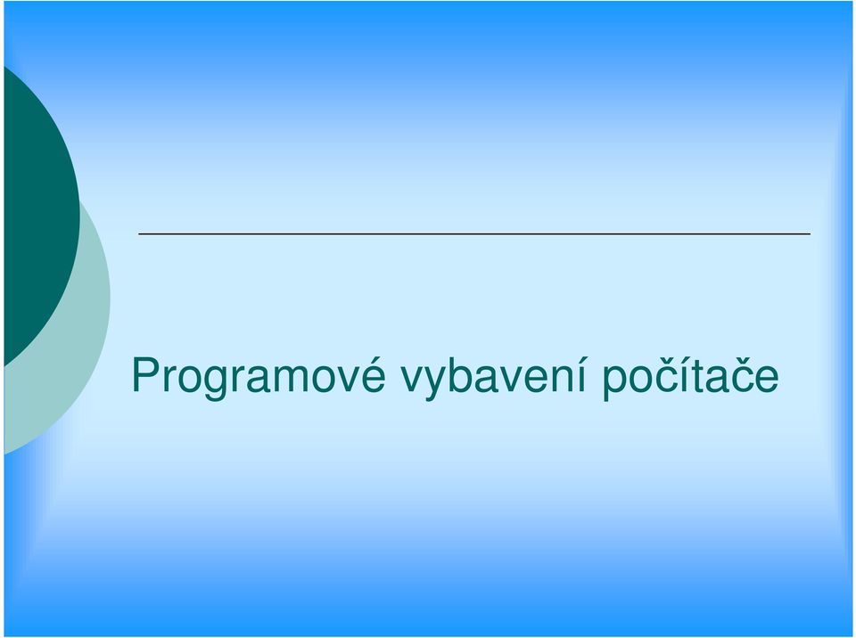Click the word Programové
coord(259,376)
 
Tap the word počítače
coord(690,376)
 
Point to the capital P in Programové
coord(145,374)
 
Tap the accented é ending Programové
coord(373,374)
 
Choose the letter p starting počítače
coord(614,384)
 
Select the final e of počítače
coord(767,379)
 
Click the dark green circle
coord(38,216)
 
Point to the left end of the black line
coord(139,234)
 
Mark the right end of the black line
coord(811,234)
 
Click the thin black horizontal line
coord(474,234)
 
